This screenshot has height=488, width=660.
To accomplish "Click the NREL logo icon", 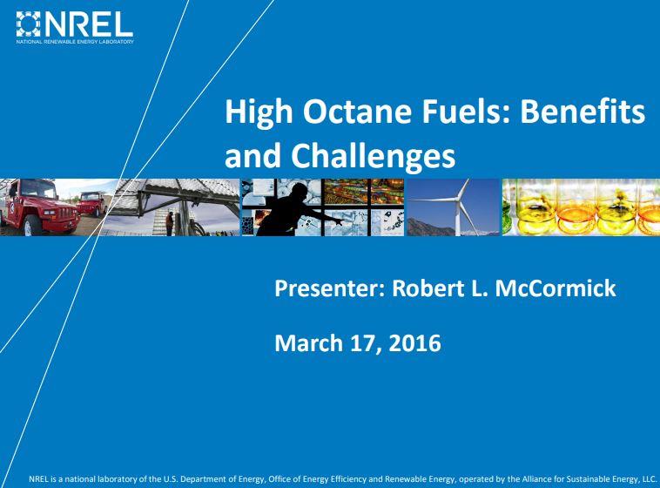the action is (28, 24).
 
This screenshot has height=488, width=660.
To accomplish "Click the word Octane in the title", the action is (357, 112).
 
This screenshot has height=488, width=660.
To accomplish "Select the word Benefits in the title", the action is (583, 112).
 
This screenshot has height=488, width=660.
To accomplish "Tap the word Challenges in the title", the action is (373, 156).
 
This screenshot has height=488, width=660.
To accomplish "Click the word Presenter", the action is (330, 288).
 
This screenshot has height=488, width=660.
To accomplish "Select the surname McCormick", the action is (556, 288).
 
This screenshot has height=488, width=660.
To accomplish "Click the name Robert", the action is (426, 288).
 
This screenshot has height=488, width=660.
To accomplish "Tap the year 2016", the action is (414, 342).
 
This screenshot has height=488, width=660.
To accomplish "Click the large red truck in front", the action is (40, 207).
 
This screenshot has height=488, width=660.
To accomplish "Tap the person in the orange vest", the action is (169, 223).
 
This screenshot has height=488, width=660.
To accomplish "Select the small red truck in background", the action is (91, 204).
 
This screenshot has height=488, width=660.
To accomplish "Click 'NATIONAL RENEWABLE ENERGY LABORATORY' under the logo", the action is (75, 42).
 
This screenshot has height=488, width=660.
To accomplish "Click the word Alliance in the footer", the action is (536, 479).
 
